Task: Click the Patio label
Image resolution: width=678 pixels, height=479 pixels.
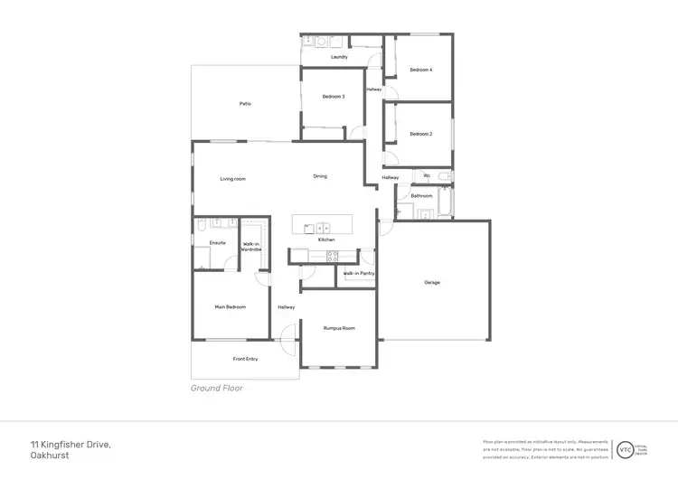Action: (x=245, y=104)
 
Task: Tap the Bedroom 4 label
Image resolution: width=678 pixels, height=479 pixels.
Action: (x=420, y=70)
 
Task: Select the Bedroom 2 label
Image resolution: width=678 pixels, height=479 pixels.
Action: (x=420, y=134)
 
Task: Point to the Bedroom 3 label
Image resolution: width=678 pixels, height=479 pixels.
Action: (x=333, y=96)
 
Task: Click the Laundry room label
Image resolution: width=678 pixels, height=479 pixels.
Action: (x=339, y=57)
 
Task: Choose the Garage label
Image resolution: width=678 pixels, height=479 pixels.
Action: (x=432, y=282)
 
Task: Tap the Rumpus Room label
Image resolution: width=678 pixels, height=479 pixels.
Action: (x=339, y=328)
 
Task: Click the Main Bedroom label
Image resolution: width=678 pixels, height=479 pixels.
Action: (x=231, y=306)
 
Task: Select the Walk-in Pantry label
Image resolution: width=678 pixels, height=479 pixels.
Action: (x=358, y=273)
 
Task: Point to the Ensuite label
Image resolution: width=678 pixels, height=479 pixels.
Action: (x=217, y=242)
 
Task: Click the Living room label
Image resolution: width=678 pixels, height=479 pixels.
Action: (x=233, y=179)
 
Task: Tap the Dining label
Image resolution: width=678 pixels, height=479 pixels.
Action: (x=320, y=176)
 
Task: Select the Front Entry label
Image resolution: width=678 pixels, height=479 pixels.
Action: (x=245, y=359)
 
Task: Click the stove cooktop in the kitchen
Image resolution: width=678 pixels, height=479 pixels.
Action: (x=332, y=256)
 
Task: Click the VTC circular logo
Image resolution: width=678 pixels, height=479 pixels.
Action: (x=624, y=448)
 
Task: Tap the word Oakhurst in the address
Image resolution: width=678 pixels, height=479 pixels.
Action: (x=50, y=456)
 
